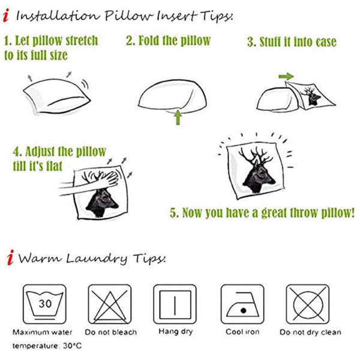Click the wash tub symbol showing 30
44,304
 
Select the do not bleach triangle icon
110,304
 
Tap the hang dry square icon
175,304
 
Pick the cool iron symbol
242,304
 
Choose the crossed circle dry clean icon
308,304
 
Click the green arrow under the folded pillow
178,118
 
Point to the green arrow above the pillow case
286,76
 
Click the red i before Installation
6,16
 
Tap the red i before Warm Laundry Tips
10,257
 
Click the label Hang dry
176,332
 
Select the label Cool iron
242,332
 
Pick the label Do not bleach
110,332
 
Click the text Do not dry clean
310,332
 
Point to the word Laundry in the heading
97,259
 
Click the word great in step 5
274,213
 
